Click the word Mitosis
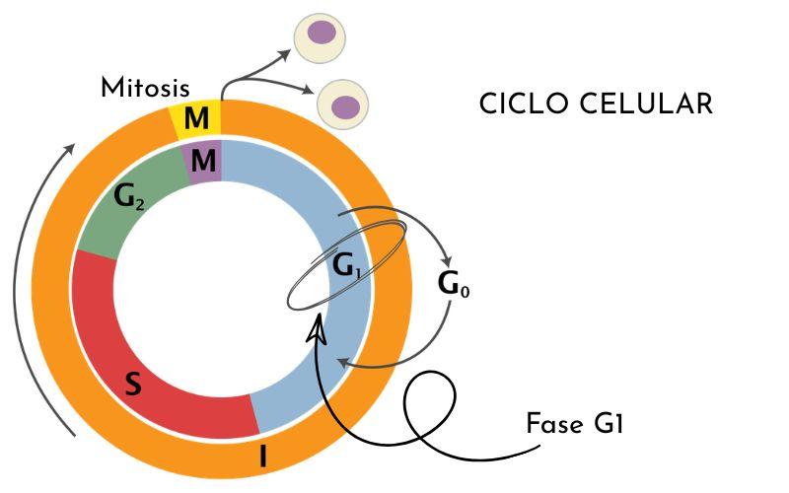point(145,88)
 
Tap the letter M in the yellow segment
point(196,118)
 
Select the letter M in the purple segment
point(203,161)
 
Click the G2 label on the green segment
point(129,197)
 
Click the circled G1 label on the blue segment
point(347,265)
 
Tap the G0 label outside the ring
point(454,284)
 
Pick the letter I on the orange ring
point(262,457)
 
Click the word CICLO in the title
point(524,105)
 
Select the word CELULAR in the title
point(646,105)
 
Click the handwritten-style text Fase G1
point(575,424)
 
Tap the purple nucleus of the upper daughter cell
point(322,33)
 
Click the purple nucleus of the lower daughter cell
point(345,107)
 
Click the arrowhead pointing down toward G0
point(446,262)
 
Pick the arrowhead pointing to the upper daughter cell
point(285,54)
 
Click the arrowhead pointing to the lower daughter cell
point(307,90)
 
